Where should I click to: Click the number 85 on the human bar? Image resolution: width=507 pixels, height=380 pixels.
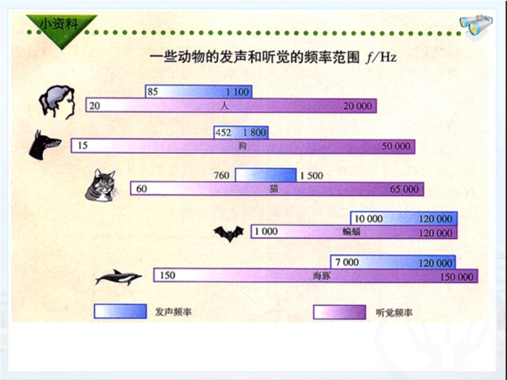153,92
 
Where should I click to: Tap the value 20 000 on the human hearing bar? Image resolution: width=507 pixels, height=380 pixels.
357,106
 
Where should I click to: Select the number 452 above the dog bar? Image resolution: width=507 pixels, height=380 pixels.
224,132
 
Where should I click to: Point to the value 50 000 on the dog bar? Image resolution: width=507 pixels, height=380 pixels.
396,146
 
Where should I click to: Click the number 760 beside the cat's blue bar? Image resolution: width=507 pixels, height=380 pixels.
221,175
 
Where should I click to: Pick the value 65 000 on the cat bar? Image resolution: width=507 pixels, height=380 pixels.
404,189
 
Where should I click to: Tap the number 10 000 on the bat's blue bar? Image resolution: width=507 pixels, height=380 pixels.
369,218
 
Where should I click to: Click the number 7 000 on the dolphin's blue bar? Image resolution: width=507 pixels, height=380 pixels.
347,262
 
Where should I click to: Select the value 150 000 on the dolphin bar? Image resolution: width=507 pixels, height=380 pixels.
456,277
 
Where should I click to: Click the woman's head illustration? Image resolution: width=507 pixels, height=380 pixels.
57,102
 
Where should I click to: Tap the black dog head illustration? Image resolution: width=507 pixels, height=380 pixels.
44,145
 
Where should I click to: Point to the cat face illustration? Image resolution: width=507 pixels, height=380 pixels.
101,186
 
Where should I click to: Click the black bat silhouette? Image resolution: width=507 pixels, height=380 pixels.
229,233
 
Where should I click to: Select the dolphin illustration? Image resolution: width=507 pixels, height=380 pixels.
119,277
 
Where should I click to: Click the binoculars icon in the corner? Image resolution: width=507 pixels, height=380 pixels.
477,25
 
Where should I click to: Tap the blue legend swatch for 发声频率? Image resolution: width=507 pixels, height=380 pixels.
120,311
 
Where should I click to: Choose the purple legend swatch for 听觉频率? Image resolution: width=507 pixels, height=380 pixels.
340,312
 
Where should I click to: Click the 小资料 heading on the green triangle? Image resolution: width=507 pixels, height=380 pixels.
59,23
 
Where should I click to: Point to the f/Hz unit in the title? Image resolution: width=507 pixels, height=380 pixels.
382,58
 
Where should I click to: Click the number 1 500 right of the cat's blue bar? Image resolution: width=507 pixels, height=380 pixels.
311,175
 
